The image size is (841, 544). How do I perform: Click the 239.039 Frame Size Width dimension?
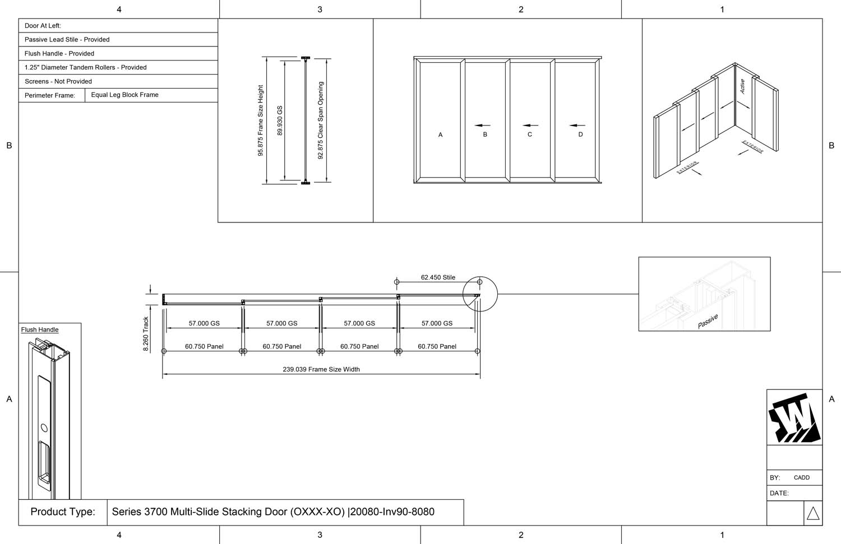(x=321, y=369)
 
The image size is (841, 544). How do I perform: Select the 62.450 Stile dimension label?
(x=438, y=277)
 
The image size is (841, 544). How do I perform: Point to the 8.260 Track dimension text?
(x=146, y=334)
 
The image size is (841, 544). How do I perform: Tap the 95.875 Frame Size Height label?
(x=260, y=120)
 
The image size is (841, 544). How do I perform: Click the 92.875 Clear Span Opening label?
(x=321, y=120)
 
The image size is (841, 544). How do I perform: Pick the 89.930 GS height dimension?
(x=280, y=120)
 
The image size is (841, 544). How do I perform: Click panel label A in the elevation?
(x=440, y=134)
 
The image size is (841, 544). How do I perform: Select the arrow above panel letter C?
(x=530, y=125)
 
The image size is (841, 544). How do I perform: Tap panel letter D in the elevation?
(x=580, y=134)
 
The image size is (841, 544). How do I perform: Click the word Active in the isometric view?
(x=742, y=86)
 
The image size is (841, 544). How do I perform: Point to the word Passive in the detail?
(x=708, y=322)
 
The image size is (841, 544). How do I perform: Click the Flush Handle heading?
(x=40, y=329)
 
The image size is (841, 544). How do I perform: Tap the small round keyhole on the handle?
(x=44, y=428)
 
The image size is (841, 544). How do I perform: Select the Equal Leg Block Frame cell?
(x=124, y=95)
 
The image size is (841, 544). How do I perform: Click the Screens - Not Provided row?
(x=58, y=81)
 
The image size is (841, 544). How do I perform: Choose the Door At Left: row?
(x=43, y=26)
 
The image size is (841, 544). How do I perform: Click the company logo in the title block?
(x=794, y=418)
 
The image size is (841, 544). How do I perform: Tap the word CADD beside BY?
(x=801, y=477)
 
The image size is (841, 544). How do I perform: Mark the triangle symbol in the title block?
(x=813, y=513)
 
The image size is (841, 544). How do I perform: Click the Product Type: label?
(x=63, y=512)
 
